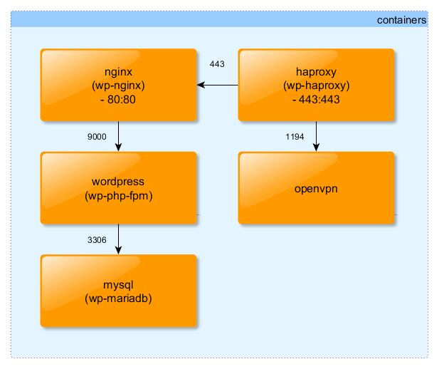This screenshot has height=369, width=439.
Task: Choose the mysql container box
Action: pos(118,291)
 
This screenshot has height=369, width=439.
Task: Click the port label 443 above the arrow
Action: pos(217,64)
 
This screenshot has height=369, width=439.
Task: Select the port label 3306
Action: pos(97,240)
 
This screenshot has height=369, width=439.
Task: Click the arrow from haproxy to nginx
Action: pos(218,85)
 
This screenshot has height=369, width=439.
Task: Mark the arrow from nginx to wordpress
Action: pos(118,135)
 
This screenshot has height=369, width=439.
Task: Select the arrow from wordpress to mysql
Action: pos(118,238)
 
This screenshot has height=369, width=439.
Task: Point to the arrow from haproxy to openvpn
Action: pos(316,135)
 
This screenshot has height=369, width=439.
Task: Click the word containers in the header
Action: pos(401,21)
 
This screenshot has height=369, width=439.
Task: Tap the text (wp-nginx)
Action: pos(118,85)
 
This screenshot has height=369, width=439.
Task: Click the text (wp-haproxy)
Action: pos(315,85)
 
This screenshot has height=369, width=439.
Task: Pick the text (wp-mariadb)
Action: pos(118,298)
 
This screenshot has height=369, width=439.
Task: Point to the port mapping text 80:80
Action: pos(122,98)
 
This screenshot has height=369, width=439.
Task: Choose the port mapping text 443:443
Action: pos(319,98)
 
